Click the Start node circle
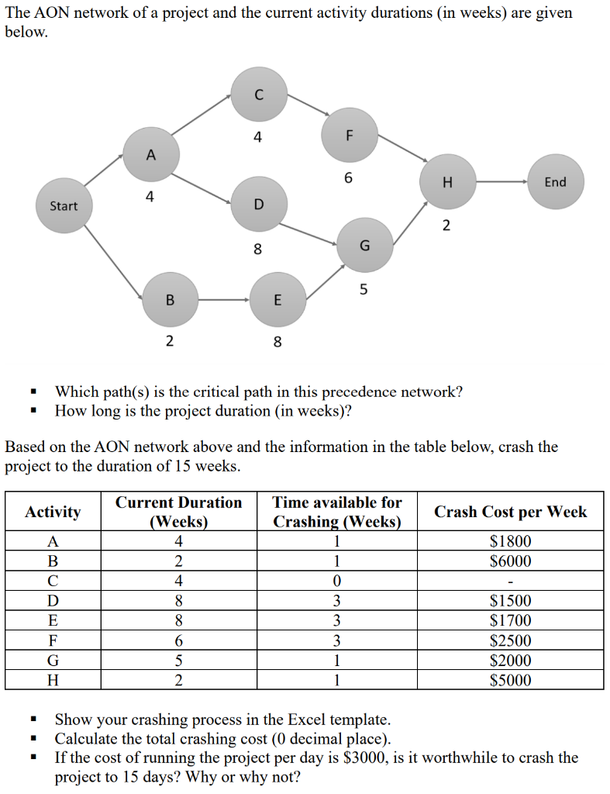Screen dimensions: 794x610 point(64,205)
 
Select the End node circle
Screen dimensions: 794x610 point(555,182)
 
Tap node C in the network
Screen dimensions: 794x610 point(258,95)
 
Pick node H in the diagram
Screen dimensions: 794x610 point(446,182)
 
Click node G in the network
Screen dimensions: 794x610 point(364,245)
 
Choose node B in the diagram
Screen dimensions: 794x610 point(169,299)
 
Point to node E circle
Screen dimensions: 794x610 point(277,299)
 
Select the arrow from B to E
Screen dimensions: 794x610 point(223,299)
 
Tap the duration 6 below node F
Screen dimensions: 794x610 point(348,178)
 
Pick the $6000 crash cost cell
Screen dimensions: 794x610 point(511,561)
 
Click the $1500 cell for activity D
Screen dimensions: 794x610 point(511,600)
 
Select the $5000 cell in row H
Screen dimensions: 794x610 point(511,680)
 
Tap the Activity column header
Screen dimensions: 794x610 point(53,512)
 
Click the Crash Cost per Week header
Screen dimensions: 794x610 point(511,512)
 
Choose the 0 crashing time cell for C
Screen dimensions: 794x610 point(336,581)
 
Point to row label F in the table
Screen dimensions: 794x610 point(53,640)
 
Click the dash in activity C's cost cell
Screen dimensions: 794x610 point(511,581)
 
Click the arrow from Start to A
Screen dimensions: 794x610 point(105,171)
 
